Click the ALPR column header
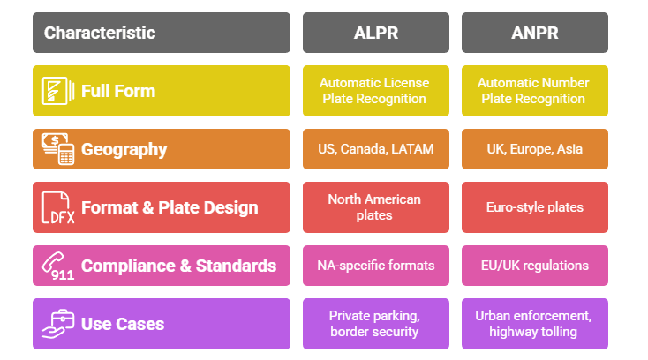376,33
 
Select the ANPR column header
534,33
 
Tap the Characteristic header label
100,33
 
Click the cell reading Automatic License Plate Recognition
376,91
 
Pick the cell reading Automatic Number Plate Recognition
534,91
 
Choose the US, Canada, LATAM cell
376,149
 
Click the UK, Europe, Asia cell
534,149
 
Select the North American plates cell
376,207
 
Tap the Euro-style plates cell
534,207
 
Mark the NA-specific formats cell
376,266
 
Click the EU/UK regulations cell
534,266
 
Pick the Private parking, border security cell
376,324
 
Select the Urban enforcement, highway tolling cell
534,324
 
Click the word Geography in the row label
124,149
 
